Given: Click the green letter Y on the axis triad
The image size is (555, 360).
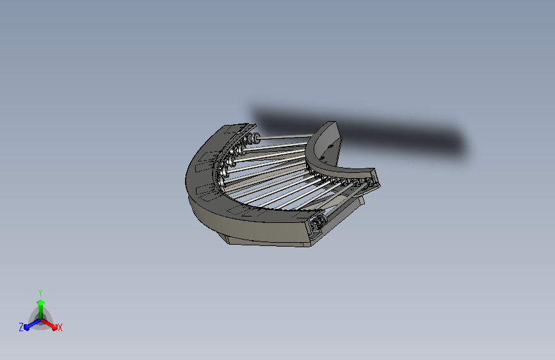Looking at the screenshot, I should pos(40,292).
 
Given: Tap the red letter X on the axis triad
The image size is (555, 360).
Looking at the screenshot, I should pos(60,327).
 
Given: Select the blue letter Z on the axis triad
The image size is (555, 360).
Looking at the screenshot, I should pos(21,327).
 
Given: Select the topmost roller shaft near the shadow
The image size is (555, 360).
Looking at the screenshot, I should pos(288,136).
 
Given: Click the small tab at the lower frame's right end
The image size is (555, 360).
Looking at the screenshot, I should pos(362,200).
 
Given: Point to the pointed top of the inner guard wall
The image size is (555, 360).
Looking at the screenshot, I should pos(330,123).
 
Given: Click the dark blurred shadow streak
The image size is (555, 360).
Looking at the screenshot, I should pos(384,131).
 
